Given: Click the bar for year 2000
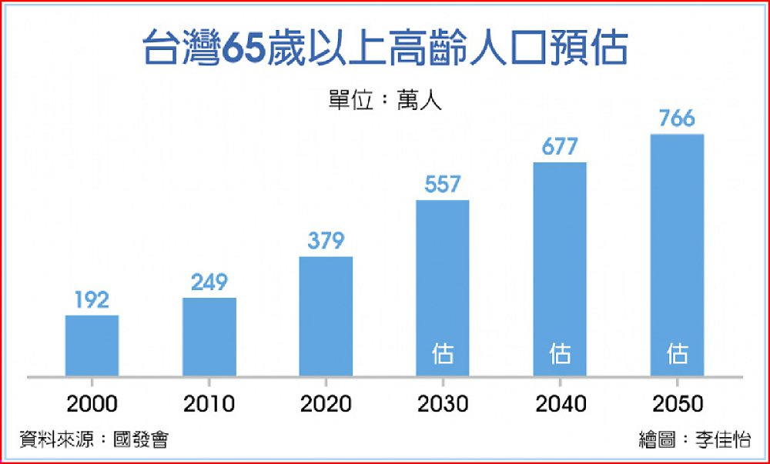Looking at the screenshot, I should point(92,345).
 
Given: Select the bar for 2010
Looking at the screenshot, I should point(209,336).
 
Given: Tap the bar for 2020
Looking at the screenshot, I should point(326,316).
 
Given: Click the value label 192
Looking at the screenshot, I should point(92,299).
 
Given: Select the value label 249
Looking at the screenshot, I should point(209,282).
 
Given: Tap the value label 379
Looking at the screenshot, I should point(326,241).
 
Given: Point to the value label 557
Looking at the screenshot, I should point(443,185).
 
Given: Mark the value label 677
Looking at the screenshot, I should point(560,147).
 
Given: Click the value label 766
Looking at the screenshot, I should point(677,119).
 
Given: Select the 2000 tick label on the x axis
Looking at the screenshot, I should point(92,403).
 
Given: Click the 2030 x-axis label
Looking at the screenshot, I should point(443,403).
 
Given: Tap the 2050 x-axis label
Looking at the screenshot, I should point(677,403).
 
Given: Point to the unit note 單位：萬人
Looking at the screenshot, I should point(385,101).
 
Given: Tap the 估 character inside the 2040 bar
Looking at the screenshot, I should point(560,354).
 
